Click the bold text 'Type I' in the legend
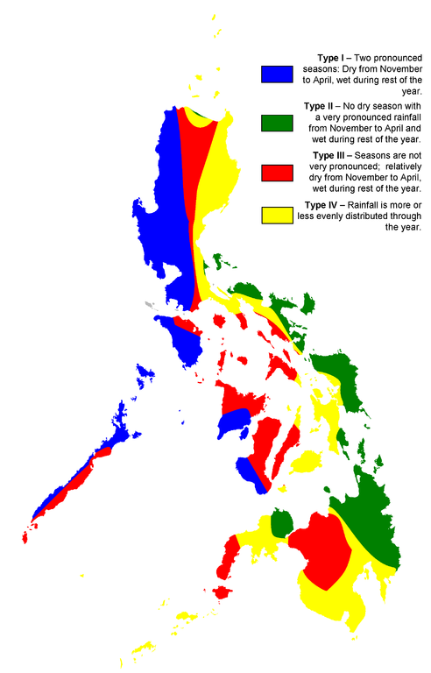332,55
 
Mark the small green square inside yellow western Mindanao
281,524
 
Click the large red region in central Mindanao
320,548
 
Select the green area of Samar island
350,386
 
